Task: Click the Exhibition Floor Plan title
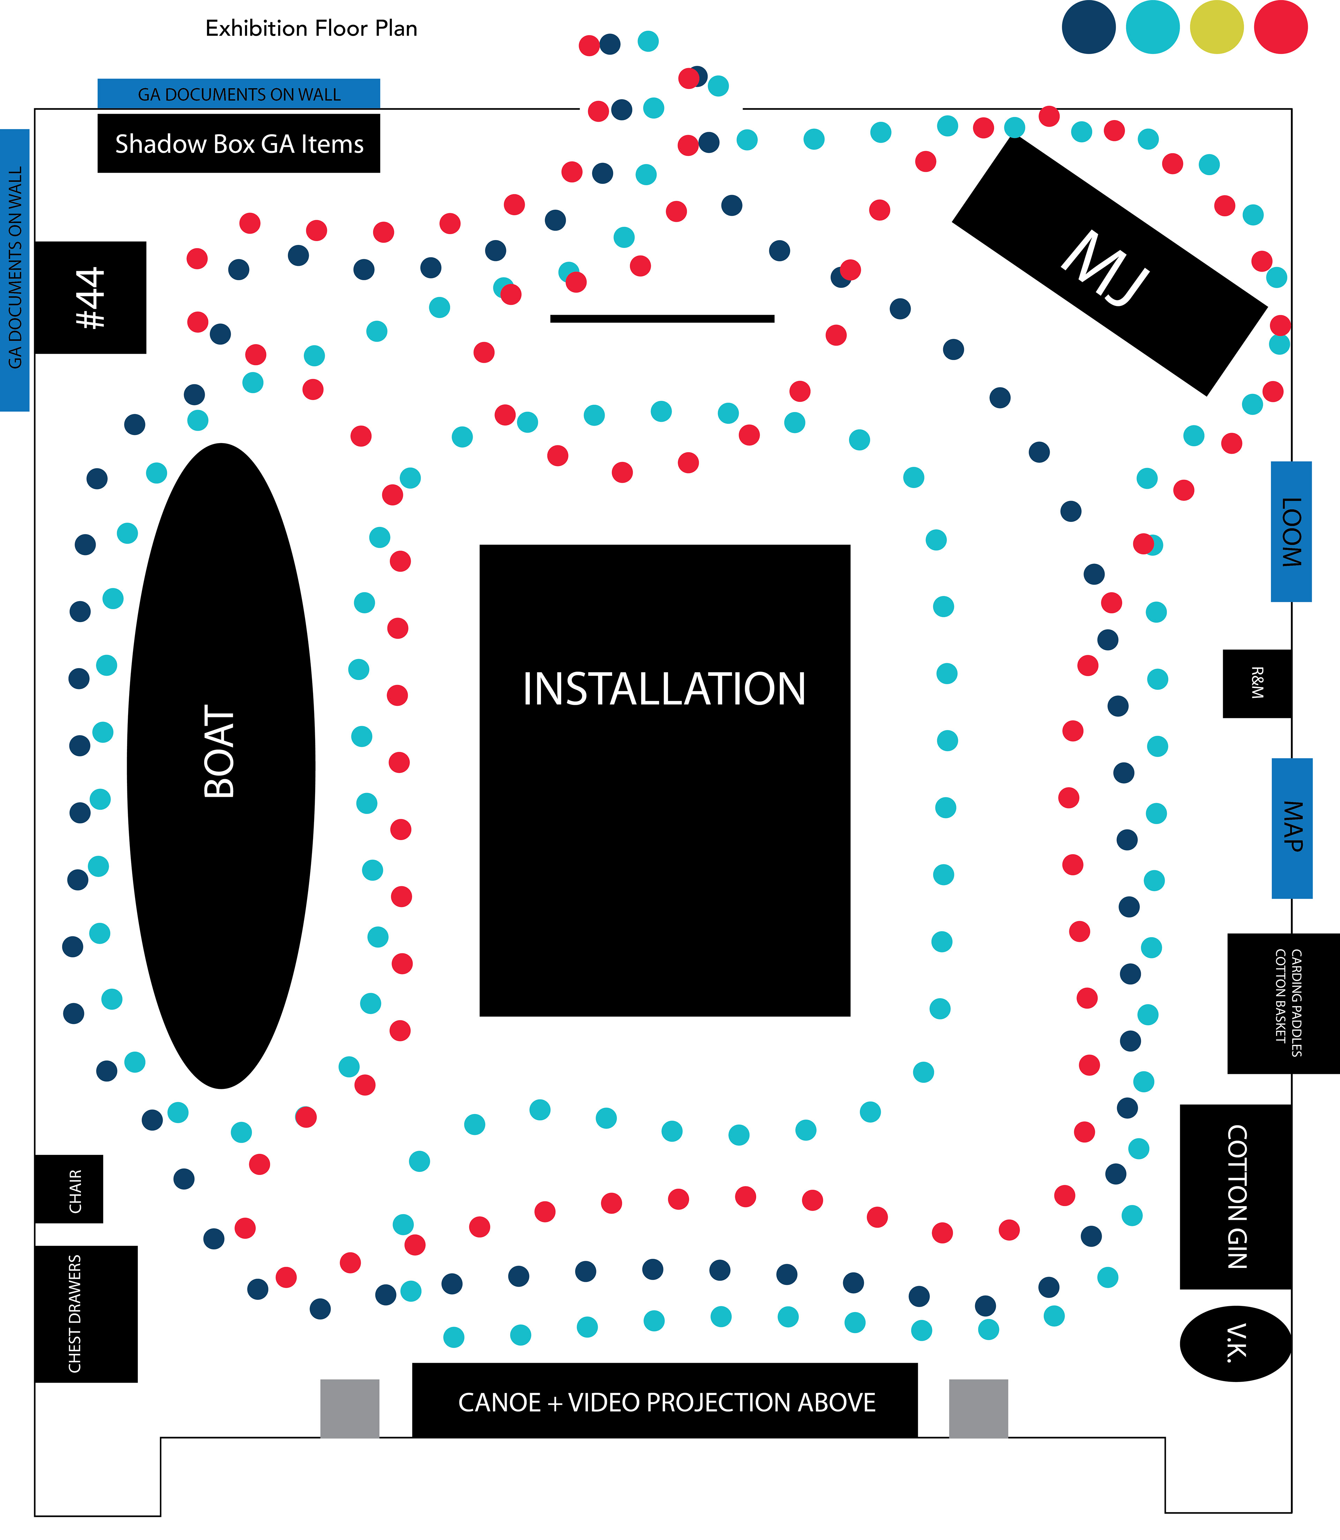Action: [x=311, y=28]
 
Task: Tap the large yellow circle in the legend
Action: [x=1216, y=27]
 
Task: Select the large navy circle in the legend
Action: [x=1089, y=27]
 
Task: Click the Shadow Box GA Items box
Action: [x=239, y=143]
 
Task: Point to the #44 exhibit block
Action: [x=90, y=298]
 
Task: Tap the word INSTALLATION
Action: [x=664, y=689]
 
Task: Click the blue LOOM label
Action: [x=1291, y=531]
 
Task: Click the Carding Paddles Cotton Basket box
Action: [x=1283, y=1003]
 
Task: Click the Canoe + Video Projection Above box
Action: [x=665, y=1400]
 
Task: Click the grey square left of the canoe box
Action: [x=350, y=1408]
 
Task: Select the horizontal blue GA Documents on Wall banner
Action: [x=239, y=94]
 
